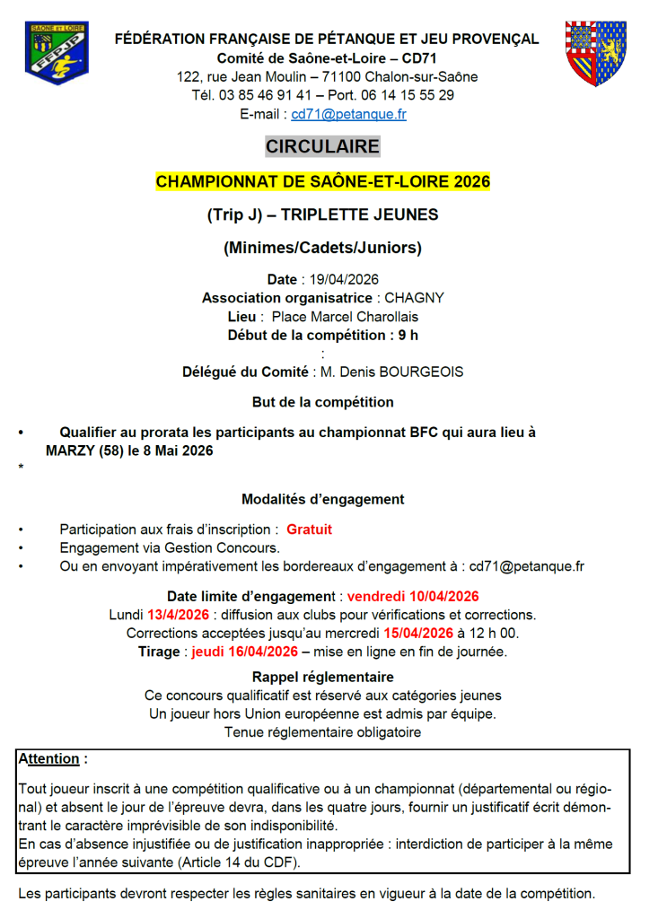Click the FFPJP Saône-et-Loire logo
coord(56,53)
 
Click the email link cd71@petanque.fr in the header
coord(348,114)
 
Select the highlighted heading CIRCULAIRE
coord(322,146)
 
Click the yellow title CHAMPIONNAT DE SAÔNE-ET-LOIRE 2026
coord(323,181)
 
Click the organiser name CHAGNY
coord(414,298)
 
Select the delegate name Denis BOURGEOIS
coord(411,372)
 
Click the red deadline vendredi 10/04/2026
coord(413,596)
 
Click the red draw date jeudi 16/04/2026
coord(244,652)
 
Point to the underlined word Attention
coord(49,759)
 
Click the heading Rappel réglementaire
coord(322,677)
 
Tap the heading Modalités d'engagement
coord(322,499)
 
